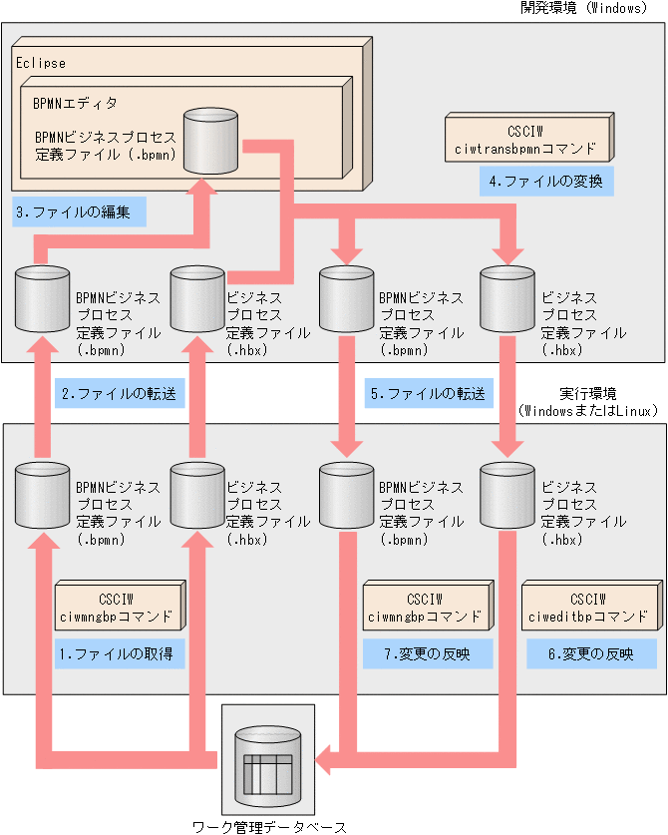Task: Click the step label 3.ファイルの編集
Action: (81, 212)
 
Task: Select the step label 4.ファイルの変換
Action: (545, 183)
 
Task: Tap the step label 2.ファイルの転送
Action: (119, 394)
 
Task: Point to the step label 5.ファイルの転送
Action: (428, 394)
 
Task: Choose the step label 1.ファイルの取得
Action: (118, 654)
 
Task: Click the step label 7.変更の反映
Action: (427, 654)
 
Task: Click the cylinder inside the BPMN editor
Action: (210, 140)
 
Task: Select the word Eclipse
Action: (41, 63)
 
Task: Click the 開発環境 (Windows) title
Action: (583, 8)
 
